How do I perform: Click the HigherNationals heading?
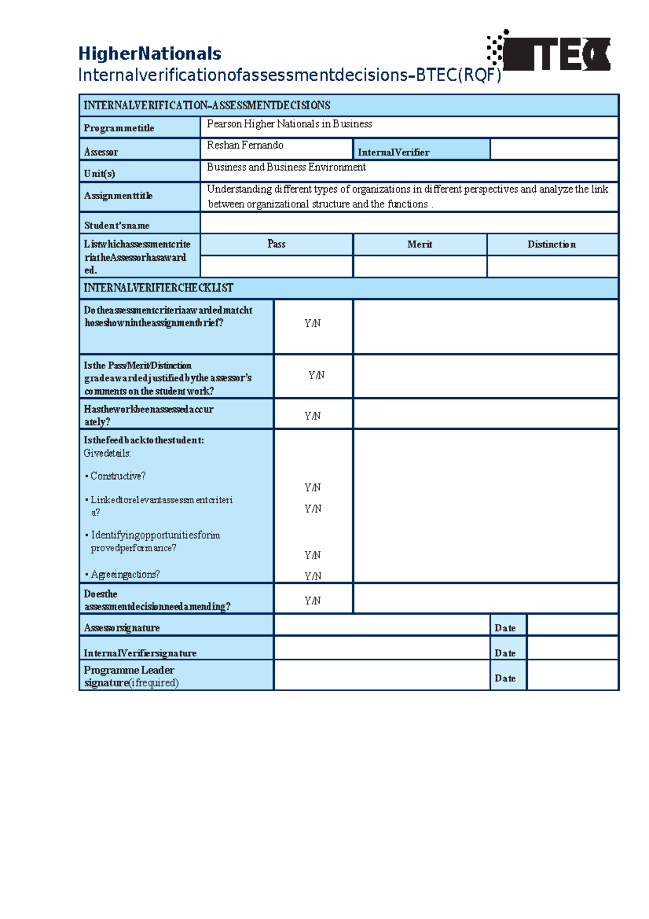pos(149,54)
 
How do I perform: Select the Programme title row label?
pos(119,128)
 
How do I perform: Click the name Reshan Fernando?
pos(245,145)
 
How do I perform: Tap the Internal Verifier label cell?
pos(393,152)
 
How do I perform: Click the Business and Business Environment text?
pos(286,167)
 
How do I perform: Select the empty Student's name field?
pos(409,223)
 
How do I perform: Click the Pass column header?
pos(276,244)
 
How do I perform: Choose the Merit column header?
pos(420,245)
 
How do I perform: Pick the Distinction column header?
pos(552,245)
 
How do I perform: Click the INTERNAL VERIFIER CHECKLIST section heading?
pos(158,288)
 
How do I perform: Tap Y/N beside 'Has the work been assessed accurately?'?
pos(313,416)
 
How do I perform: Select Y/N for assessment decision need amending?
pos(313,601)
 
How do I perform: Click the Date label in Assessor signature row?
pos(505,628)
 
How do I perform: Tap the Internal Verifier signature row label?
pos(140,653)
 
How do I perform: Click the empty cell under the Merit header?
pos(420,266)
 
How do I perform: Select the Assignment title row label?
pos(118,196)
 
